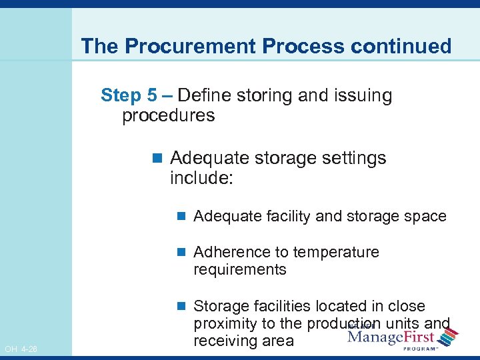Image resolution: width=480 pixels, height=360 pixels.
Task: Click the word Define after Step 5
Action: tap(203, 95)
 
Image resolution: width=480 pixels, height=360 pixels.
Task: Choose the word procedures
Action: tap(168, 115)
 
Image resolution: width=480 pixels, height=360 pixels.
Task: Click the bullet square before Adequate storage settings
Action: tap(157, 159)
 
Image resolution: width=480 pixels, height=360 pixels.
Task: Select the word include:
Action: tap(201, 178)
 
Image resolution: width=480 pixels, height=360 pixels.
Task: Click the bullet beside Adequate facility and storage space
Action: tap(181, 216)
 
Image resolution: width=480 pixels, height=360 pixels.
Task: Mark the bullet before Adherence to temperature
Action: tap(181, 253)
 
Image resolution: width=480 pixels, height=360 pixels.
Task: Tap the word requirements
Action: tap(239, 269)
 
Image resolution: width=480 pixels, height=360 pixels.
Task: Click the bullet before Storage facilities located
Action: tap(181, 307)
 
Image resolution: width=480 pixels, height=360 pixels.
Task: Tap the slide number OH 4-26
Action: tap(21, 349)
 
